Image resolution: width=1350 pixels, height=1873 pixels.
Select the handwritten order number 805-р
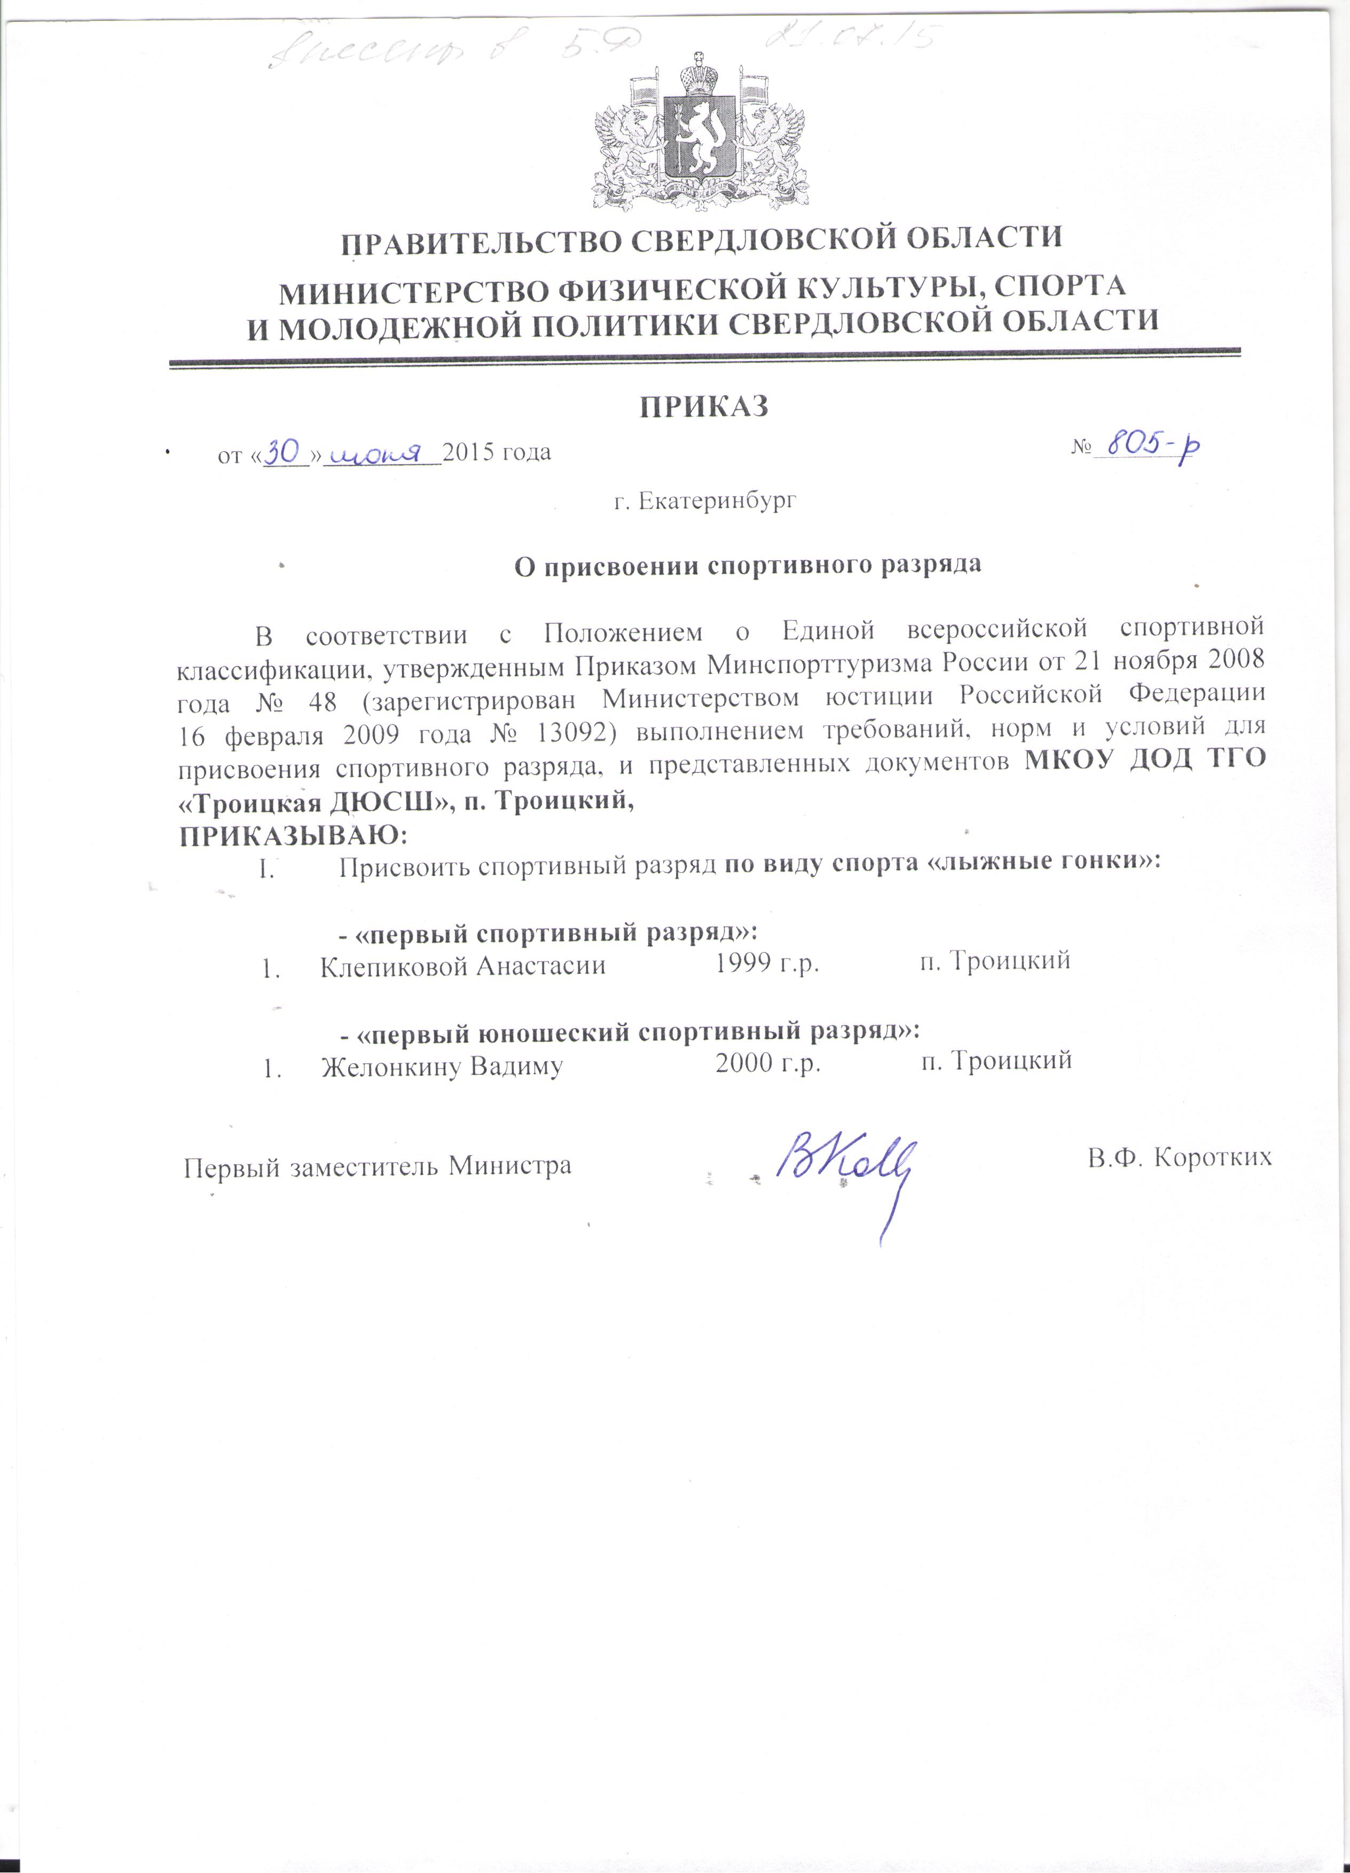point(1152,447)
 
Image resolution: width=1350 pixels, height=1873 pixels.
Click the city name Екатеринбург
point(718,500)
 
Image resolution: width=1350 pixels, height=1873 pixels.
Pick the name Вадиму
point(516,1066)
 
